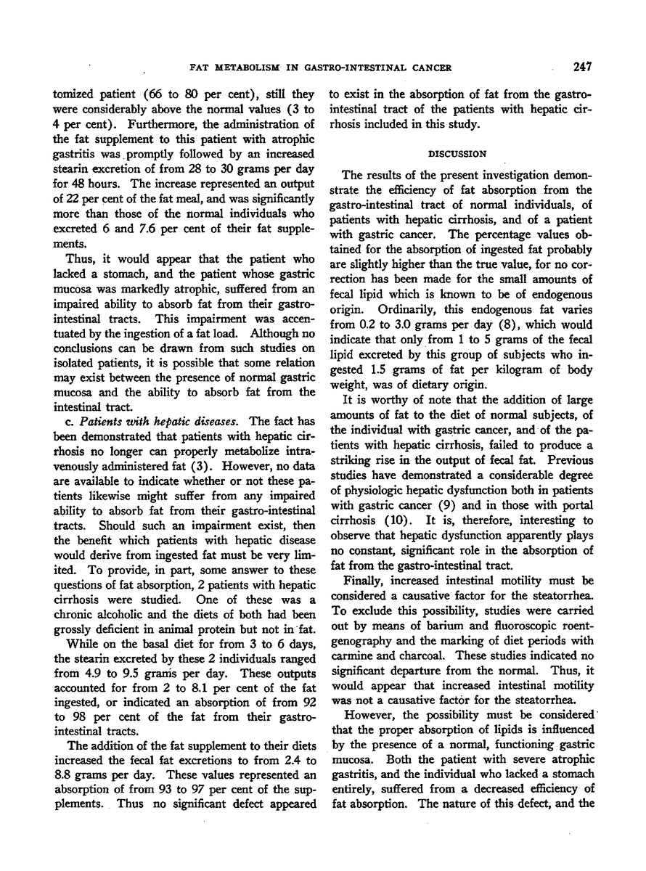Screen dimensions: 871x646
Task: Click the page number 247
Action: pyautogui.click(x=581, y=68)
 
